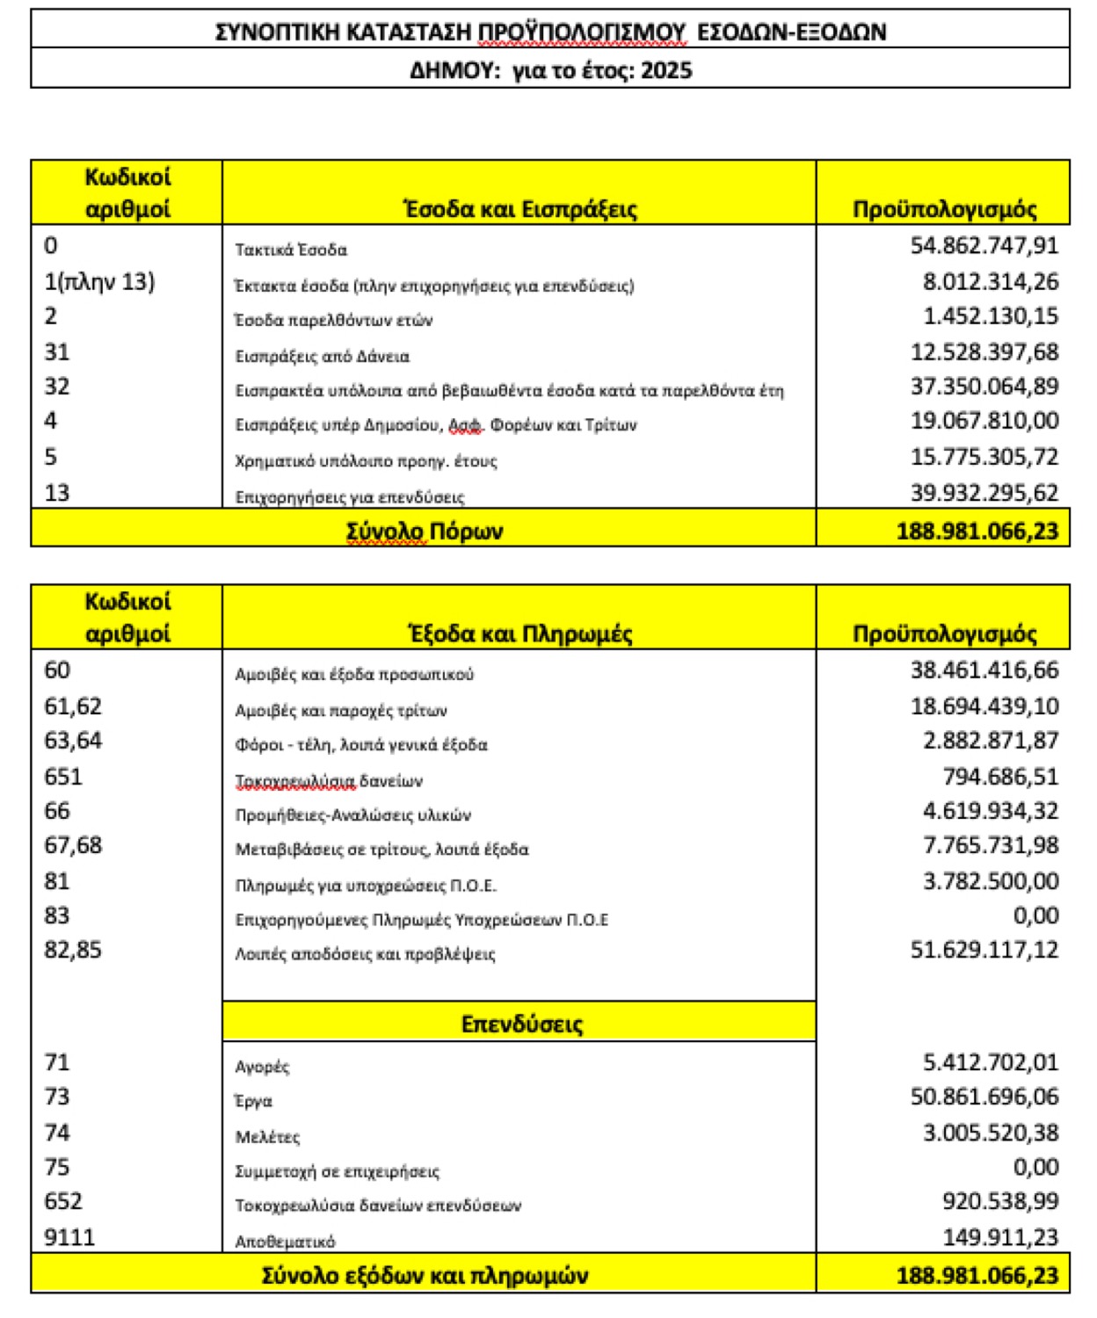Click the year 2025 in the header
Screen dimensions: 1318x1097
tap(666, 70)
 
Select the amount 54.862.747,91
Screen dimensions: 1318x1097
tap(984, 245)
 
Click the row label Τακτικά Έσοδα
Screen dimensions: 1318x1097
tap(291, 250)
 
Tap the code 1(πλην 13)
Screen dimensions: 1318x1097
tap(99, 281)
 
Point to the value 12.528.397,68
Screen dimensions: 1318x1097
tap(984, 351)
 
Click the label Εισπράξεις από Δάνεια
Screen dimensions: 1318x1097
tap(322, 356)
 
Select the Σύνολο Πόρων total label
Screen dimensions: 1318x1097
tap(424, 531)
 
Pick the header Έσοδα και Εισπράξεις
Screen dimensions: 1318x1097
tap(519, 209)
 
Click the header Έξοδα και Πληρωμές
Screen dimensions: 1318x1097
tap(520, 634)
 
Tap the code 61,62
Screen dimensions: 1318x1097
tap(73, 706)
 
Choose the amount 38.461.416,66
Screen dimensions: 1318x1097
tap(984, 670)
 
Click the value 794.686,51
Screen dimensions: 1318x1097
tap(1000, 776)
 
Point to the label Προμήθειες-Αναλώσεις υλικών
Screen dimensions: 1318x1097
tap(352, 815)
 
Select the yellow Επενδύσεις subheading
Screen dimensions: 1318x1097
tap(521, 1024)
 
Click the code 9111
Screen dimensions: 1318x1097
tap(69, 1236)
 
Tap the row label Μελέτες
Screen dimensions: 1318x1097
tap(267, 1137)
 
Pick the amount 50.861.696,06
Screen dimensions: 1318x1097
tap(984, 1096)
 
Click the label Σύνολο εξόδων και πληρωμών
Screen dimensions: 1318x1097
tap(425, 1275)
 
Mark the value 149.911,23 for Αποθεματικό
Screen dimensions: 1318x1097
tap(1000, 1236)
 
